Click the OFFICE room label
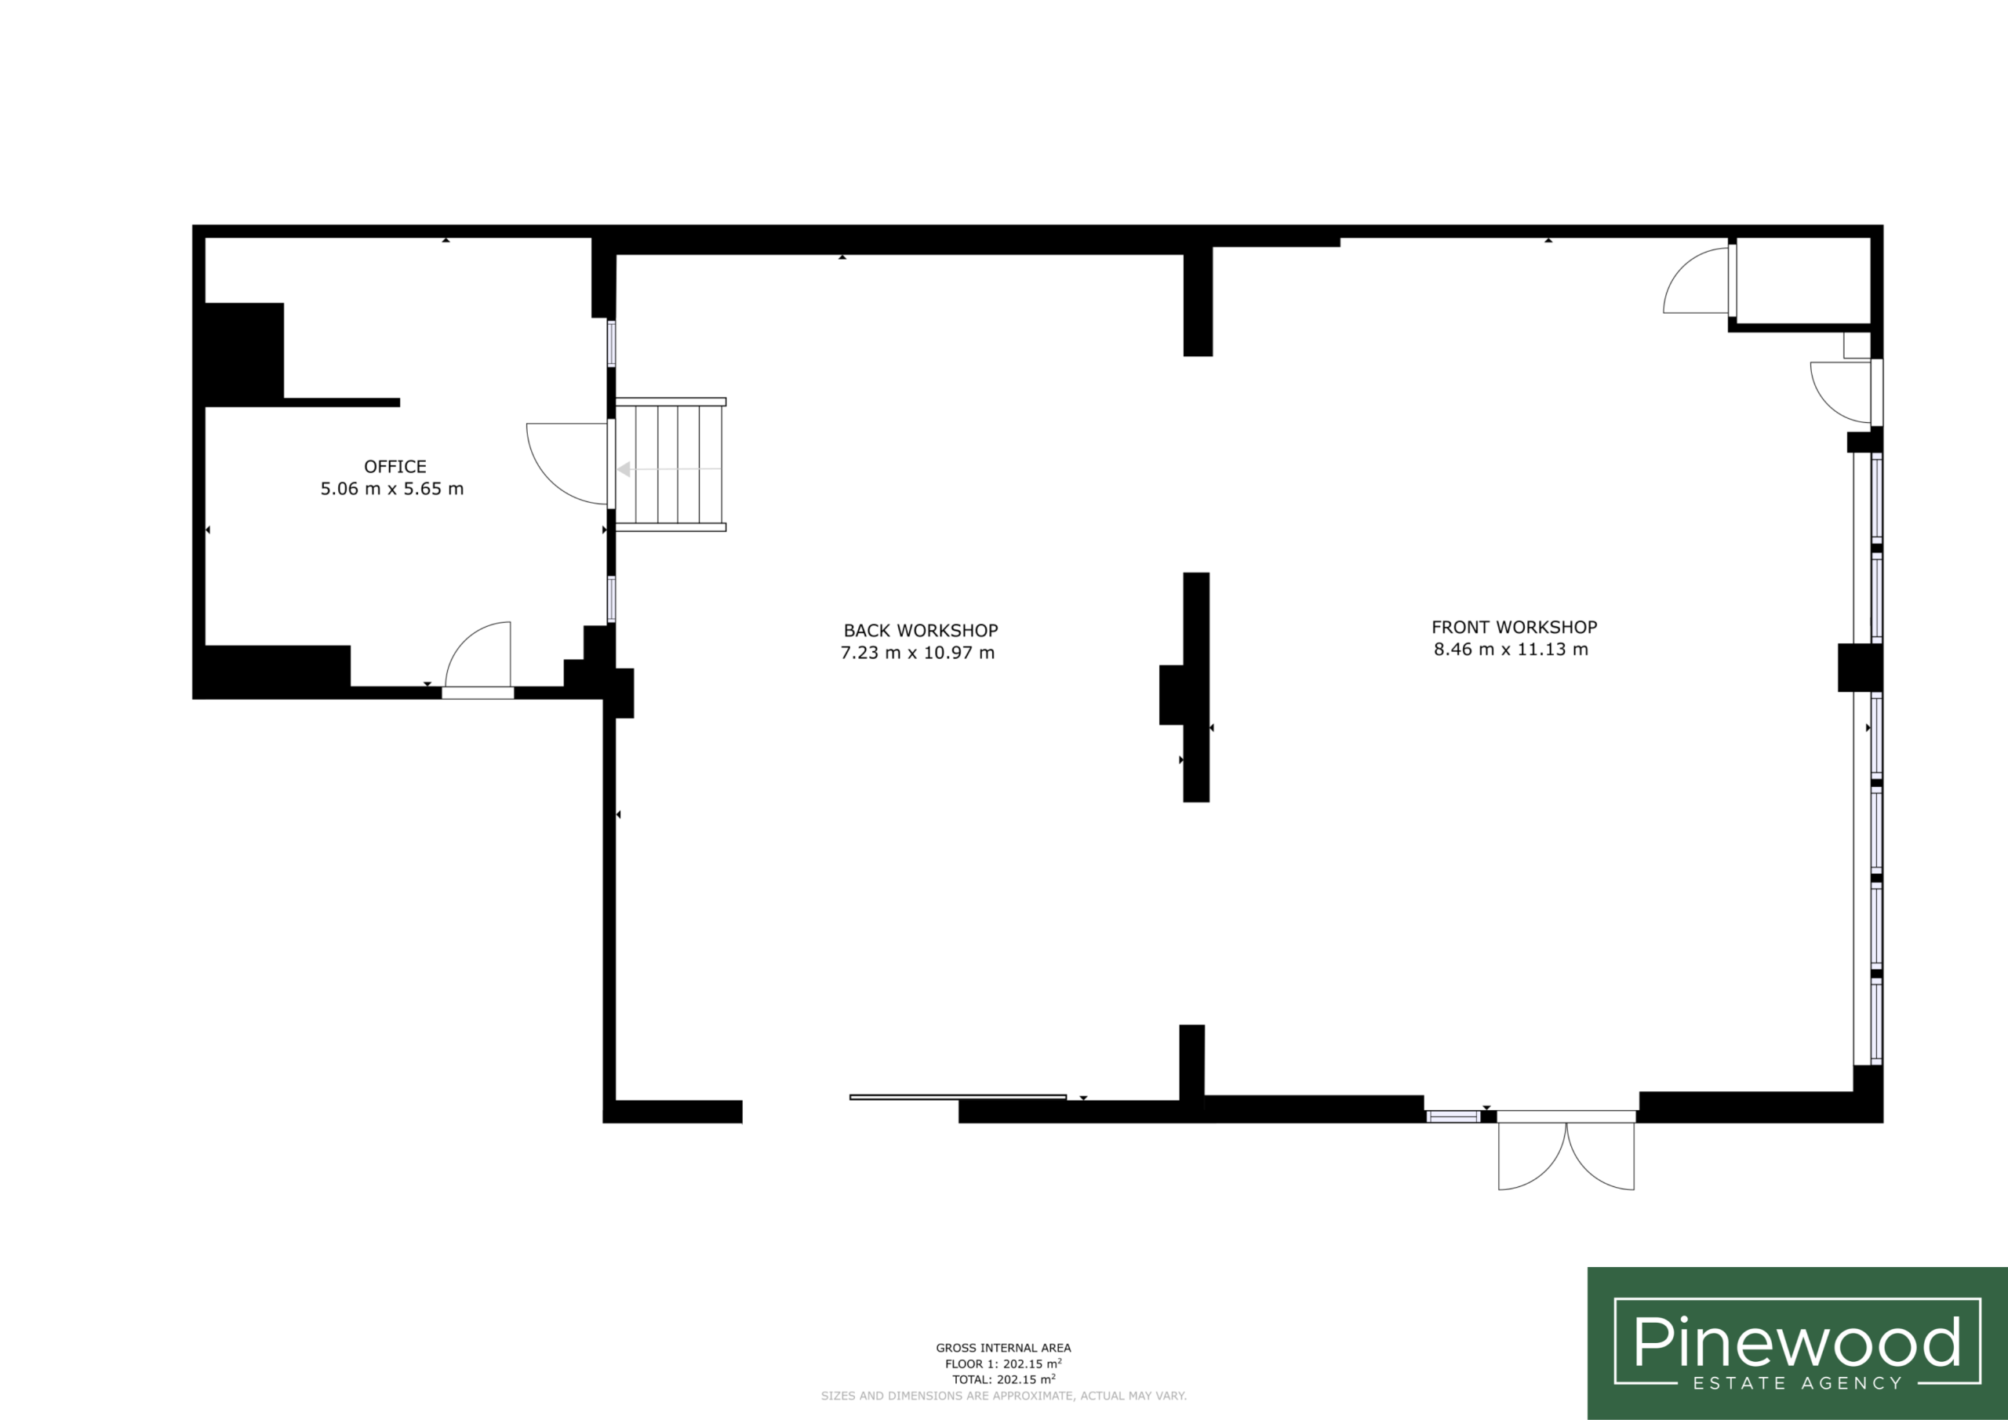(x=395, y=466)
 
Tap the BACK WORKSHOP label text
(x=921, y=630)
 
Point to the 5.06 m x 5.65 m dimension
(x=392, y=489)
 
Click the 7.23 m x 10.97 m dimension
(x=918, y=653)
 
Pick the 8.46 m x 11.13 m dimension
(x=1511, y=649)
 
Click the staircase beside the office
(x=670, y=464)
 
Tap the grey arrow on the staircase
(x=669, y=470)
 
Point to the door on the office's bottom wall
(x=478, y=660)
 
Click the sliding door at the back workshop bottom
(x=958, y=1097)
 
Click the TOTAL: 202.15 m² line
(x=1003, y=1380)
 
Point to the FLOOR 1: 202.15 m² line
(x=1003, y=1364)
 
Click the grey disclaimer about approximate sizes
(x=1003, y=1396)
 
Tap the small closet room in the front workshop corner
(x=1802, y=280)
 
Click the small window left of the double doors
(x=1453, y=1116)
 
